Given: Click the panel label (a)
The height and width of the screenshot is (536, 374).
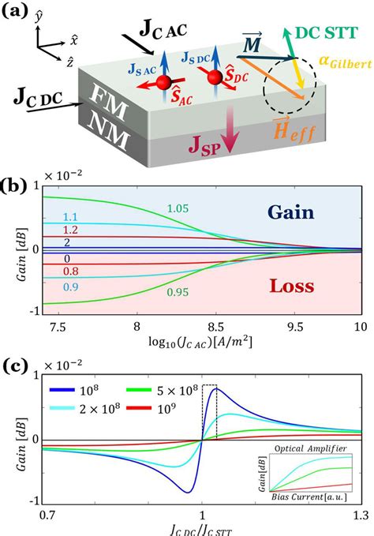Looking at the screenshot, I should point(18,13).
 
